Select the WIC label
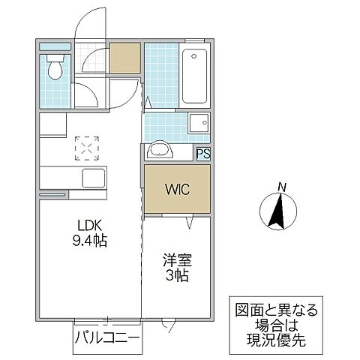pyautogui.click(x=177, y=189)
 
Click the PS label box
pyautogui.click(x=202, y=154)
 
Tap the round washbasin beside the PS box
pyautogui.click(x=160, y=150)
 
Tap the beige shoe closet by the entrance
pyautogui.click(x=125, y=58)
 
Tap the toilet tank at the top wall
pyautogui.click(x=55, y=56)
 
